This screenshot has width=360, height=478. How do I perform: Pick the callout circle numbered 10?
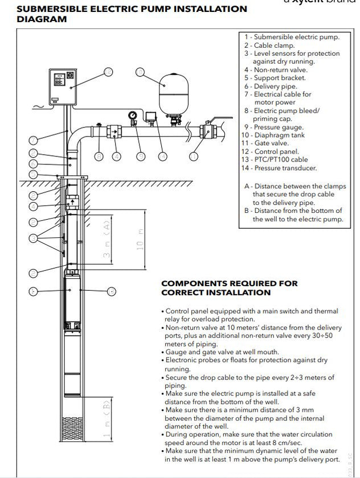pos(140,72)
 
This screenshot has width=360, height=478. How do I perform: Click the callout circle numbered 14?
pos(164,156)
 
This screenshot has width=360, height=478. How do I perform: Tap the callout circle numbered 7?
pos(34,139)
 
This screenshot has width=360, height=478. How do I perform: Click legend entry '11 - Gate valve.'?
pos(265,143)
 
